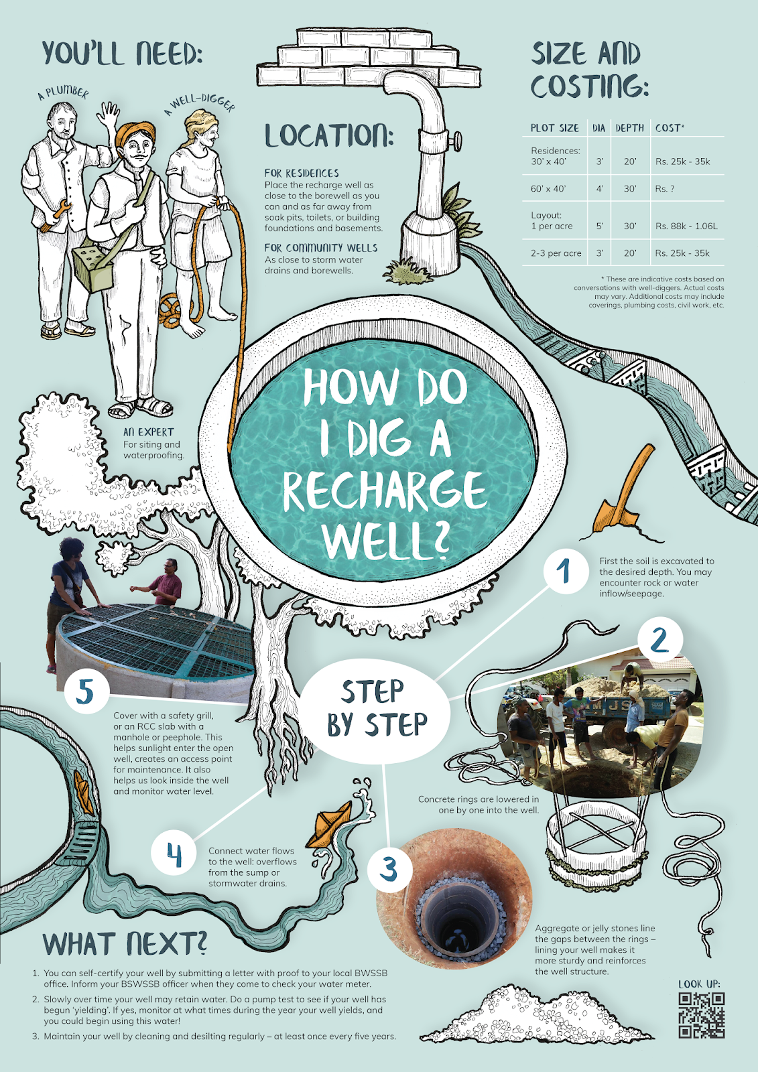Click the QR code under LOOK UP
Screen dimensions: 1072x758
pos(701,1015)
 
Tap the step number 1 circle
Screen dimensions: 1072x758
pos(564,572)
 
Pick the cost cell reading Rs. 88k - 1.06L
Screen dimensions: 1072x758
pos(686,226)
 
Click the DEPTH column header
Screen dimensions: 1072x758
pos(629,128)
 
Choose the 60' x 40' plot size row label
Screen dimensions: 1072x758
pos(548,189)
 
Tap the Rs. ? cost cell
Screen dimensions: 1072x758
pos(664,189)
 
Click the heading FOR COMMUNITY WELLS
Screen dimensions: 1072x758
pos(320,248)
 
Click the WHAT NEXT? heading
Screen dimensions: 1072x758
pos(125,944)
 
